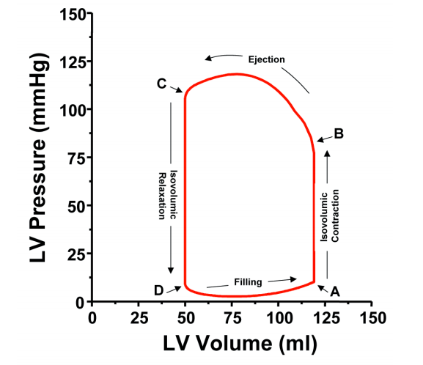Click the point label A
coord(336,291)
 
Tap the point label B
coord(339,133)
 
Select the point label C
coord(162,84)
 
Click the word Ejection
coord(265,59)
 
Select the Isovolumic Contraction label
coord(332,217)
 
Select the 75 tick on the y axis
coord(75,158)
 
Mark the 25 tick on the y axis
coord(75,254)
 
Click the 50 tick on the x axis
coord(185,317)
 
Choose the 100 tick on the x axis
coord(279,317)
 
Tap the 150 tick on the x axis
coord(372,317)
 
